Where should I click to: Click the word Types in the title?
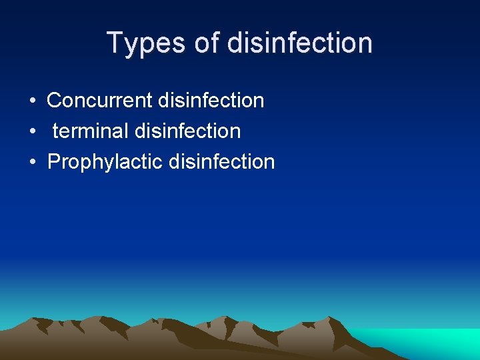(145, 43)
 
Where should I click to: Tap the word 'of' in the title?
(207, 43)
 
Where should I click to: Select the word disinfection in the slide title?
(299, 43)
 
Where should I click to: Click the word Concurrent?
(100, 101)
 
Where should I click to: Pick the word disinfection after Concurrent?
(211, 101)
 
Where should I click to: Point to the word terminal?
(91, 131)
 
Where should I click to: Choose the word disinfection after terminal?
(187, 131)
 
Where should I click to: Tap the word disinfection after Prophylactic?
(222, 162)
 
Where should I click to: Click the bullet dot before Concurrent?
(32, 101)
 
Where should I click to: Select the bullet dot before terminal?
(32, 132)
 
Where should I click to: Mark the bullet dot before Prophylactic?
(32, 163)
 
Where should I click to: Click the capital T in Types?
(116, 43)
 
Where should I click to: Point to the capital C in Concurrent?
(55, 101)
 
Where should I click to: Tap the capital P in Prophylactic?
(54, 162)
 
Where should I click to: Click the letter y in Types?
(133, 45)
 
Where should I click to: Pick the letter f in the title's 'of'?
(215, 43)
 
